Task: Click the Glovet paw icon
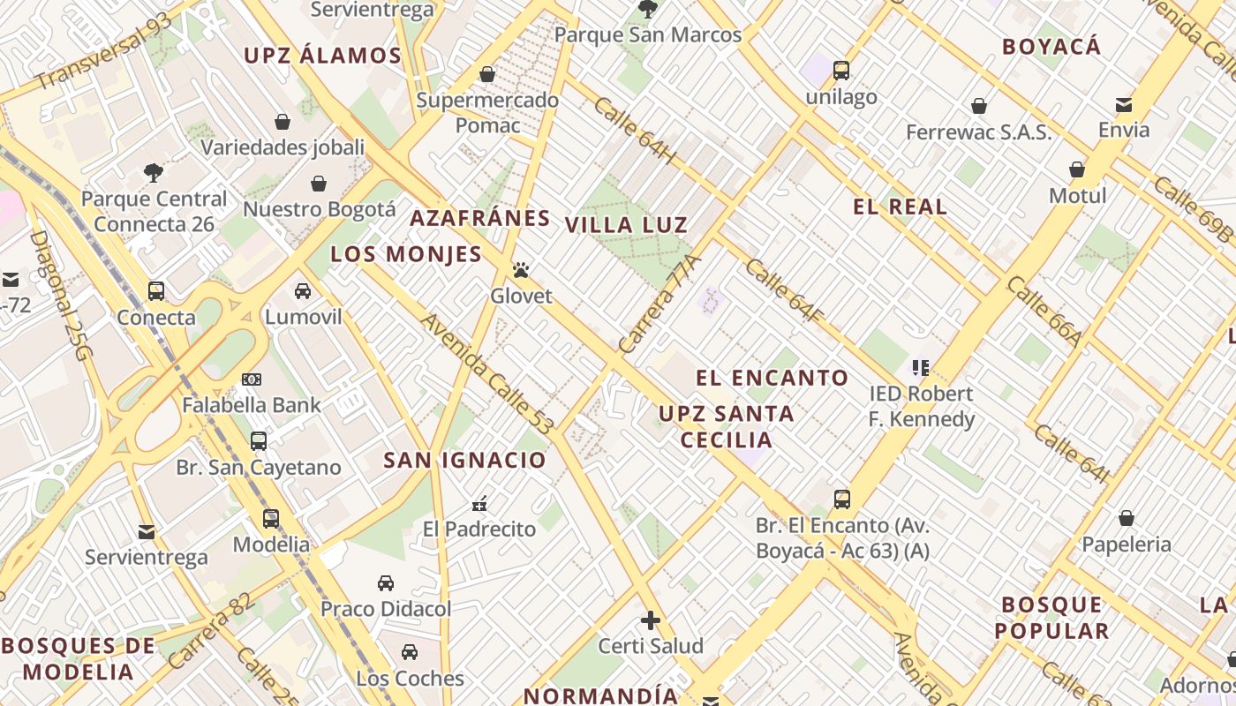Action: pos(522,270)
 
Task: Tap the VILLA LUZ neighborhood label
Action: pos(626,225)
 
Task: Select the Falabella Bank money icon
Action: pos(252,379)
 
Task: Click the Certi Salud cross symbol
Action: pos(651,620)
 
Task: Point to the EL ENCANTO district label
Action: pos(772,379)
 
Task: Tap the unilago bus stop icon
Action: pos(841,71)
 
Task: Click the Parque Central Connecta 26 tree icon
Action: pos(154,172)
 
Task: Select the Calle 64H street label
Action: pos(635,131)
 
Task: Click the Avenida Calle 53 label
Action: pos(486,374)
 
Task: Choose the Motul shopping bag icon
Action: pos(1077,169)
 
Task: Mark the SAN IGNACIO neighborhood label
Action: pos(464,461)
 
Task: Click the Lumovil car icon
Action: pos(303,290)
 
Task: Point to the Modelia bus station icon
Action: pos(271,518)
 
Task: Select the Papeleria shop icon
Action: pos(1127,518)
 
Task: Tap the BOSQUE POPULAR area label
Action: pos(1051,618)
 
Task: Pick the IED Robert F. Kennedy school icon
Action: pos(922,367)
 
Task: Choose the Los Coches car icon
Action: pos(410,652)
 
